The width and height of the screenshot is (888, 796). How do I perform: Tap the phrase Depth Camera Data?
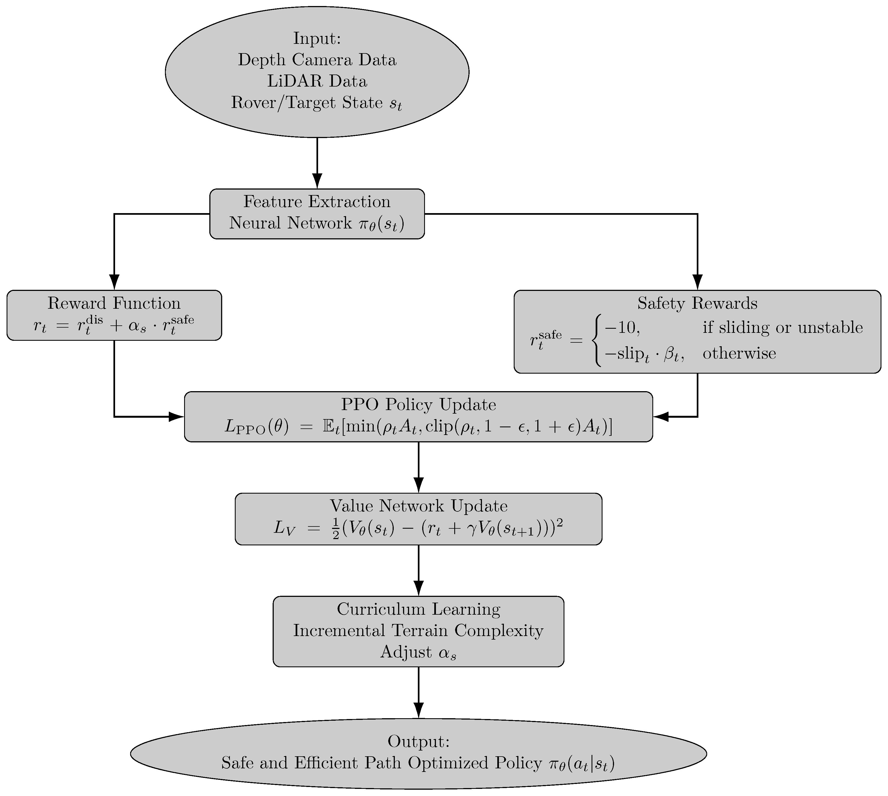pos(317,60)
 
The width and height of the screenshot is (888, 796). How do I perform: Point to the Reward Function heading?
pos(114,303)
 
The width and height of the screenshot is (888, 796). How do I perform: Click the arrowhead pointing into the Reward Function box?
pos(114,282)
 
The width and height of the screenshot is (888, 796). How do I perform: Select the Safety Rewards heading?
pos(697,303)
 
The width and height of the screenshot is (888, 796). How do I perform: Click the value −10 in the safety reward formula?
pos(622,328)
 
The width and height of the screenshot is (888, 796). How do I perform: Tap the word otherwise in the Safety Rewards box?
pos(739,353)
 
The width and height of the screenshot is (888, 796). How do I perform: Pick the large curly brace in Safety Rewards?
pos(596,340)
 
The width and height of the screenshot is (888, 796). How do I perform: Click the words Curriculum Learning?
pos(419,609)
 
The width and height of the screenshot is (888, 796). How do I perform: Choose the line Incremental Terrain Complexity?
pos(419,631)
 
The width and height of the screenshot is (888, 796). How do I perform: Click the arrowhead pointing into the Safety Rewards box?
pos(697,282)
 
